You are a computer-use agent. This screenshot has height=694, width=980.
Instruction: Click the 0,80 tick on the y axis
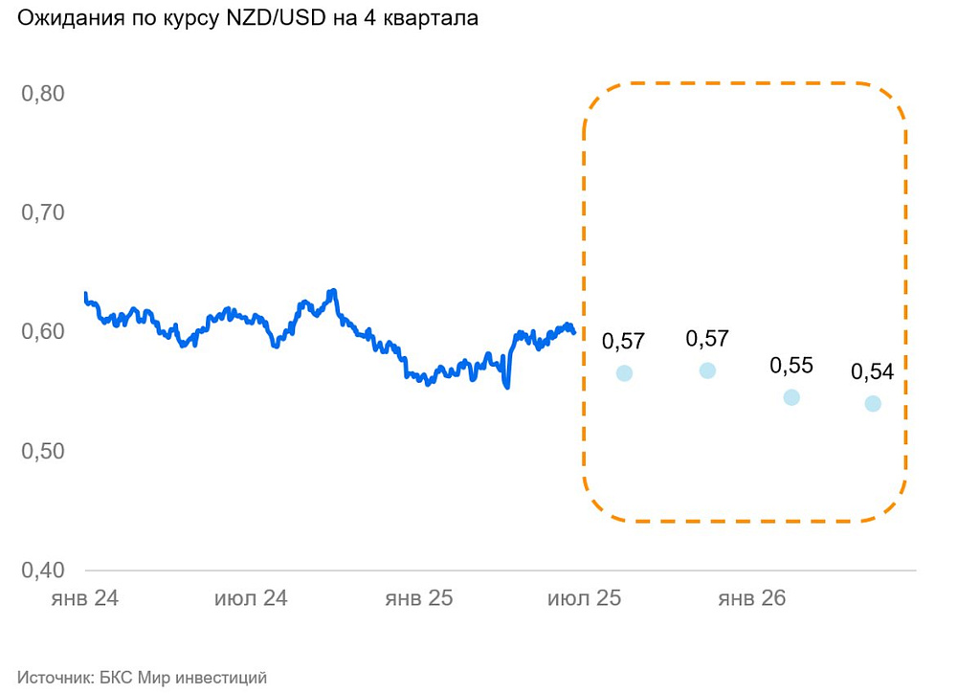click(43, 94)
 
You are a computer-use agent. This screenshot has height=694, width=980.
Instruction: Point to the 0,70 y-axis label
click(43, 213)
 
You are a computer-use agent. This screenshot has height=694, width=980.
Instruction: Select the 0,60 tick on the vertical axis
click(43, 332)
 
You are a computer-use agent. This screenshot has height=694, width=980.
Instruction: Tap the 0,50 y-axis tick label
click(43, 451)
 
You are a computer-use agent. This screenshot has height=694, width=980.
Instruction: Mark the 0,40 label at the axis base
click(43, 570)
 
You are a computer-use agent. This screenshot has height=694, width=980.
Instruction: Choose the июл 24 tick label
click(251, 599)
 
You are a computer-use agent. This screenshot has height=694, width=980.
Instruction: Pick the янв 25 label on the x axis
click(418, 599)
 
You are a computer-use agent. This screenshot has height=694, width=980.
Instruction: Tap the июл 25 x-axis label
click(584, 599)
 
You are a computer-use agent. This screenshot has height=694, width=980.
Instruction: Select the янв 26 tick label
click(751, 599)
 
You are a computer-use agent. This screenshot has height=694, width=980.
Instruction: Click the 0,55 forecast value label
click(791, 366)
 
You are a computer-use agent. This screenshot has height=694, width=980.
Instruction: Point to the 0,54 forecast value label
click(872, 371)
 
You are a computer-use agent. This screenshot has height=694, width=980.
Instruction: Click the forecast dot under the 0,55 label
click(791, 397)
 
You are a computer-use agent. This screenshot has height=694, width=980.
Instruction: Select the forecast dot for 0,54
click(873, 404)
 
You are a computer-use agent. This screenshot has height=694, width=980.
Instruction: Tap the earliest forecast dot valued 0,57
click(624, 373)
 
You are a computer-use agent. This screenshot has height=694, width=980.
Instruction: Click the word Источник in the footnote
click(53, 678)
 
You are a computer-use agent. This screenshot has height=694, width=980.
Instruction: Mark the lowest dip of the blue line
click(507, 387)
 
